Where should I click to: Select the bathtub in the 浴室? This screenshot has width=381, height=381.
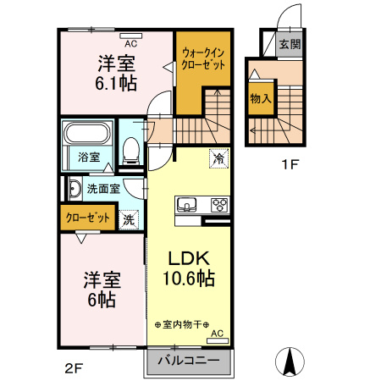point(88,135)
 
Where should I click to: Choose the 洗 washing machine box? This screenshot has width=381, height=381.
point(129,218)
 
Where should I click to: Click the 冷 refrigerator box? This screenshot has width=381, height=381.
point(218,157)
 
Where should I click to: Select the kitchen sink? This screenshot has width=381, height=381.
point(186,204)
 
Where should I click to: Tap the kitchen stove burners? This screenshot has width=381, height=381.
point(218,204)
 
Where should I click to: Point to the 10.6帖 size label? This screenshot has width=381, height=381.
point(188,279)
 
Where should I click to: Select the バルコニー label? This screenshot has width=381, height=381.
point(187,362)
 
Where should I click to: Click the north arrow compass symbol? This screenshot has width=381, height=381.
point(290,362)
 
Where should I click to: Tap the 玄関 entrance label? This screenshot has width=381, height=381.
point(290,45)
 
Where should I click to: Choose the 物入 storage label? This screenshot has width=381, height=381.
point(260,98)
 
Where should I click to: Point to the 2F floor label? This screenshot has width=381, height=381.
point(75,368)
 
